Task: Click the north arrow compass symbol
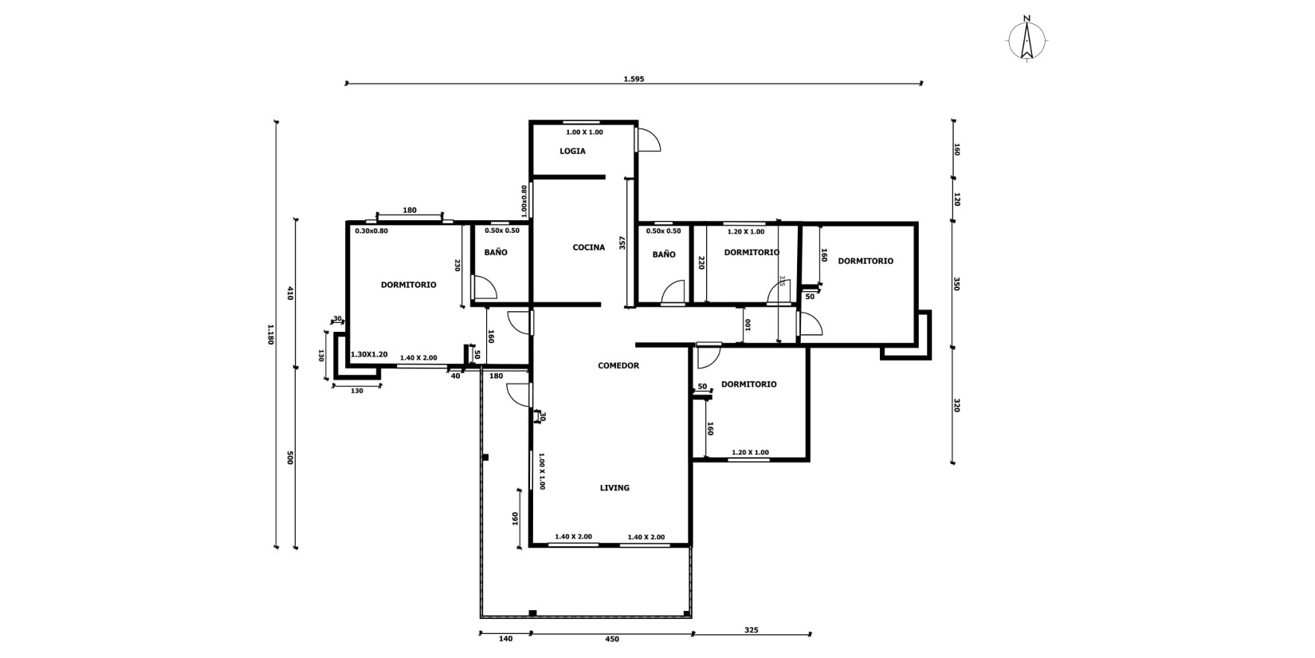coord(1026,39)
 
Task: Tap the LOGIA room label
coord(572,151)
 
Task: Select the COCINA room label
coord(589,247)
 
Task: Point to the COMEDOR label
coord(618,365)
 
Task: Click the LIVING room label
coord(614,487)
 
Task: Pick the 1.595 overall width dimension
coord(634,79)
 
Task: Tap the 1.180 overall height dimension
coord(271,334)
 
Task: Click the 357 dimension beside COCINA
coord(622,242)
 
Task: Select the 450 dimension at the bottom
coord(612,639)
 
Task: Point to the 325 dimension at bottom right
coord(752,630)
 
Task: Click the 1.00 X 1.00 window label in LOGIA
coord(584,132)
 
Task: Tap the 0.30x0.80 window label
coord(371,230)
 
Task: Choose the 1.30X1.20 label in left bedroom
coord(369,354)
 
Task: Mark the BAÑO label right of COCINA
coord(663,254)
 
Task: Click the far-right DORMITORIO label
coord(866,261)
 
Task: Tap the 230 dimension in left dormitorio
coord(457,265)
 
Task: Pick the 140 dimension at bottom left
coord(505,639)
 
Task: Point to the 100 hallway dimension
coord(748,325)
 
